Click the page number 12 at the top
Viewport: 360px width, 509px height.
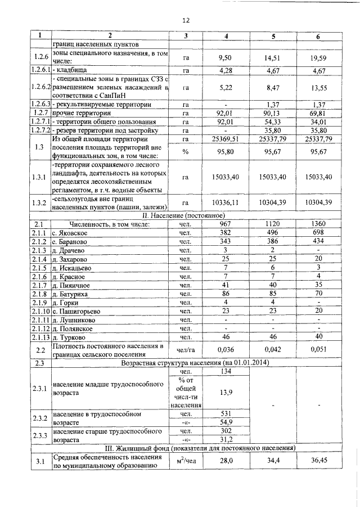186,20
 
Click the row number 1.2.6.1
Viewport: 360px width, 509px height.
40,71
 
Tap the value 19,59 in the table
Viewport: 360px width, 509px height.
318,57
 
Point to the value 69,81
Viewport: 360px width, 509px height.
318,114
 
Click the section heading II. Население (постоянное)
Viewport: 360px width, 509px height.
186,215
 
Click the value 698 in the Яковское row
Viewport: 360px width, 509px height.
318,233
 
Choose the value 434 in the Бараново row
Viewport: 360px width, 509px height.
318,242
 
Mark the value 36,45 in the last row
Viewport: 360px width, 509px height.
318,461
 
